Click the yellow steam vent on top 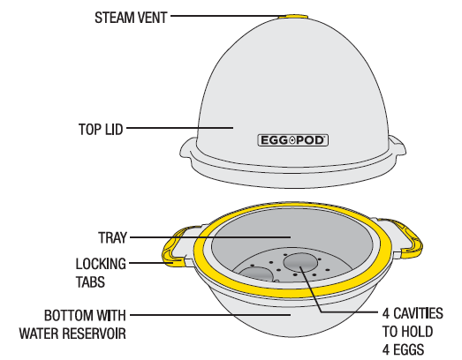pos(293,16)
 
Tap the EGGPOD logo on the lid pos(293,140)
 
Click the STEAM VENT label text pos(131,18)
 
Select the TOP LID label pos(101,129)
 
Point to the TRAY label pos(112,237)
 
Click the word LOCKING pos(101,264)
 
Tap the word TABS pos(90,282)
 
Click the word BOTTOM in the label pos(68,316)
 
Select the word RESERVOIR pos(95,334)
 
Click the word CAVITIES pos(418,313)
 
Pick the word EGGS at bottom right pos(408,349)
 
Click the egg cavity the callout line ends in pos(300,263)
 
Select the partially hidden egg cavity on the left pos(256,274)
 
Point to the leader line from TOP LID pos(179,128)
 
